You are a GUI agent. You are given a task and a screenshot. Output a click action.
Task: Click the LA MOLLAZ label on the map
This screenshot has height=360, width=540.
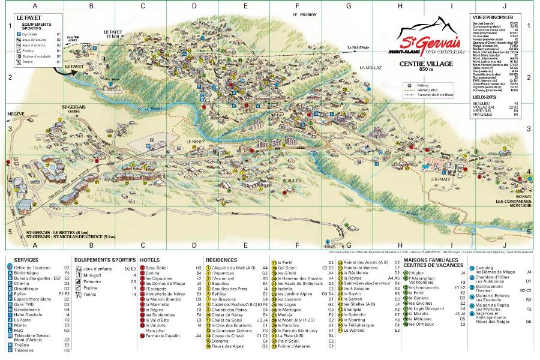[x=371, y=68]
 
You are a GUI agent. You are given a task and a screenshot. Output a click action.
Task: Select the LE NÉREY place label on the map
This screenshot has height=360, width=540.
[x=196, y=142]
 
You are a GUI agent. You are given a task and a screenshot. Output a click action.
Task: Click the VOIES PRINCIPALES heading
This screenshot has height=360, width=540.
[x=492, y=18]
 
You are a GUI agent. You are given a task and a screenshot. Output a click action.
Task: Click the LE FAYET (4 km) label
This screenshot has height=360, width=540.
[x=112, y=34]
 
